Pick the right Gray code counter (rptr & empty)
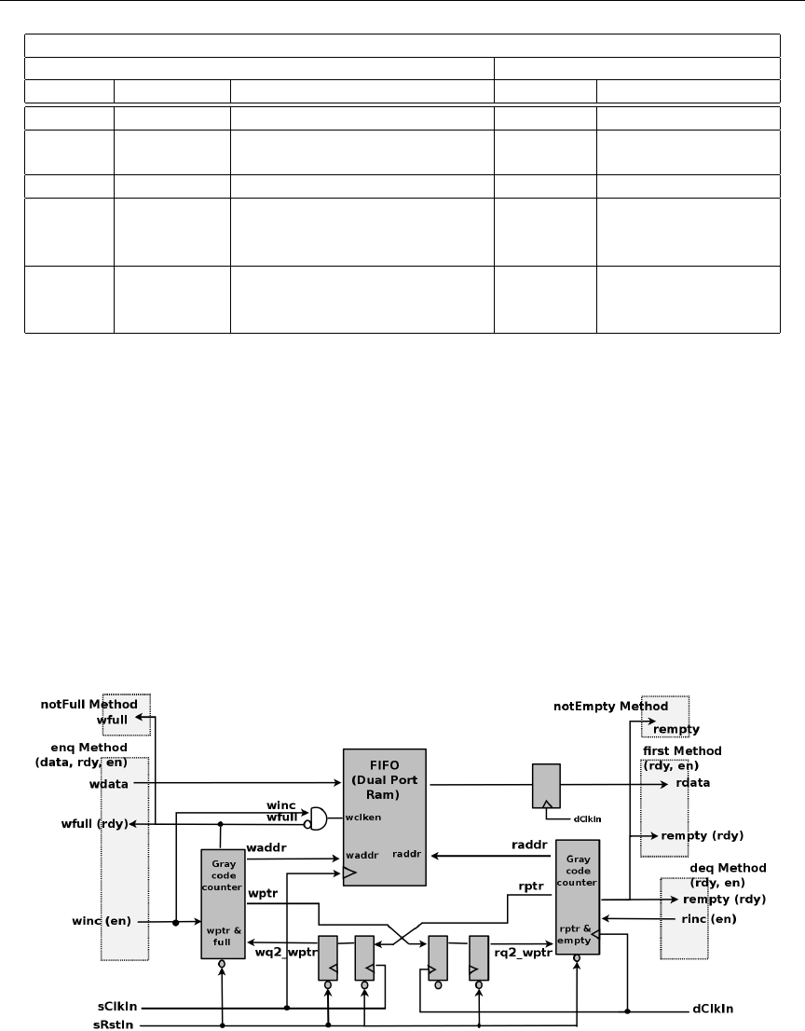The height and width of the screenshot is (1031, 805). (577, 896)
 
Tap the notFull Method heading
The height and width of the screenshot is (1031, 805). (89, 705)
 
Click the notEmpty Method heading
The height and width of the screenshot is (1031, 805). (610, 707)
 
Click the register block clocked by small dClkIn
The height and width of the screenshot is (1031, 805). (545, 786)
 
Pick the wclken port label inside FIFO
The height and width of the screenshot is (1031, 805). (362, 817)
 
